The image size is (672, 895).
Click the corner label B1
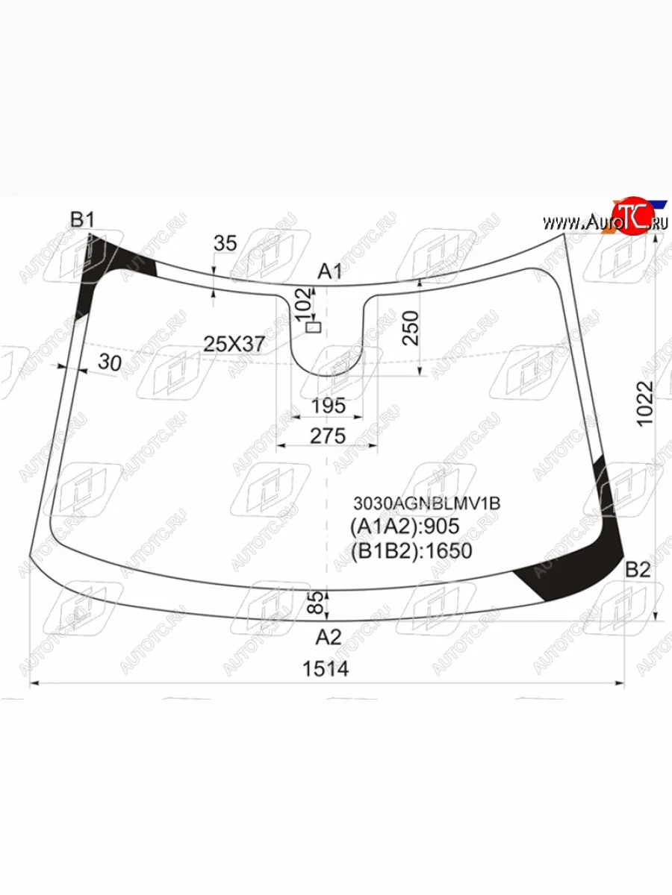[82, 219]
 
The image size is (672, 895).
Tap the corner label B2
[638, 570]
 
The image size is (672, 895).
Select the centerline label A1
[330, 271]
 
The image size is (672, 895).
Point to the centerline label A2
[329, 637]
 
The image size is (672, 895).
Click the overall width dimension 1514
[326, 669]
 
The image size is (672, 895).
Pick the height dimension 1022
[645, 403]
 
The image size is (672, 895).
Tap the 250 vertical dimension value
[411, 328]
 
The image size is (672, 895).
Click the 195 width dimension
[329, 406]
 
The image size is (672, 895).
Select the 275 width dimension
[328, 436]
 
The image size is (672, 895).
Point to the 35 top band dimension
[225, 243]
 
